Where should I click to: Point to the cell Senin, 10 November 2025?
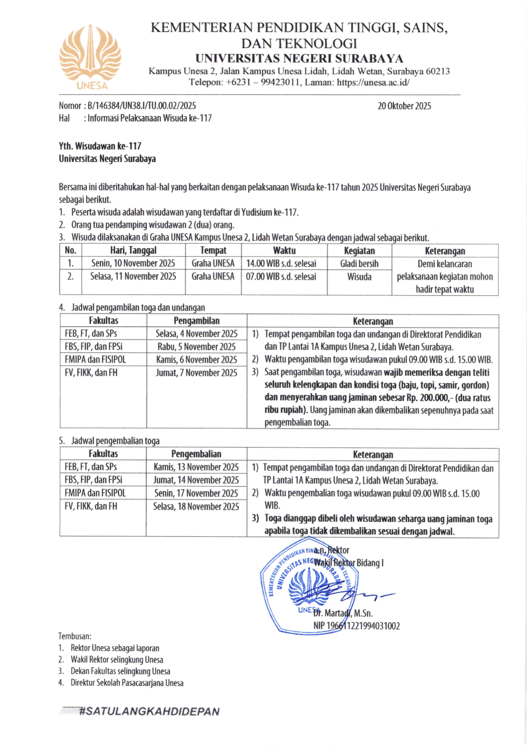tap(133, 263)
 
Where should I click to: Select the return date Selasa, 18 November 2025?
tap(196, 506)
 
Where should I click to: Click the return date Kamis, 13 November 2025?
tap(196, 467)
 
